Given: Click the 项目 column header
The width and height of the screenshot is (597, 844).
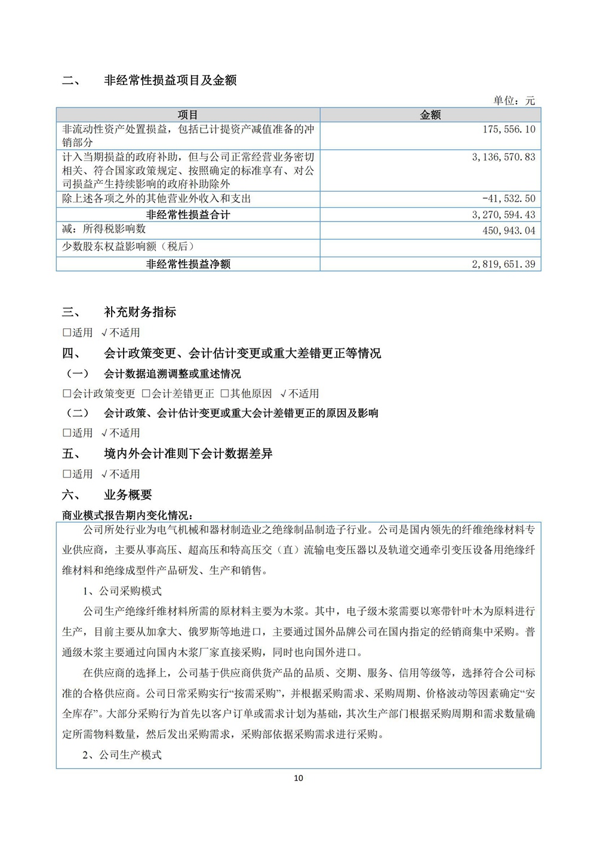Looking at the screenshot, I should tap(188, 115).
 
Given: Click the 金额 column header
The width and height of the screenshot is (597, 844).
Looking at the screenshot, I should tap(430, 115).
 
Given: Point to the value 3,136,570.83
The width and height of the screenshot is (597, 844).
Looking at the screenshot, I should tap(503, 157).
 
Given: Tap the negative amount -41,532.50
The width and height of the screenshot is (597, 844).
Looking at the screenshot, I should tap(509, 199).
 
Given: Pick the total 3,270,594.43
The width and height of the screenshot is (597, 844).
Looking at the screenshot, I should tap(503, 215).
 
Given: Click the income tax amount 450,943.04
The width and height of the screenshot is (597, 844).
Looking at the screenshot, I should tap(509, 230).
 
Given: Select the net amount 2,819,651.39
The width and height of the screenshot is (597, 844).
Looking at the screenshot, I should tap(503, 264).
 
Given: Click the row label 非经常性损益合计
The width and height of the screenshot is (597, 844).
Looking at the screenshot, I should tap(188, 215).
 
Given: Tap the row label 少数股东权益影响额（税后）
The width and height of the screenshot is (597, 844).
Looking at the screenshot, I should tap(128, 247).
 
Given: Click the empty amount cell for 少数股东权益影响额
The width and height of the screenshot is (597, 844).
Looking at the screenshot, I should tap(430, 247).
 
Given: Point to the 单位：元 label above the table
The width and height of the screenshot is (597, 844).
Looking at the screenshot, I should tap(513, 100).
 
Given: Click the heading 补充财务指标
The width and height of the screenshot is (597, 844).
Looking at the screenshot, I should tap(140, 312).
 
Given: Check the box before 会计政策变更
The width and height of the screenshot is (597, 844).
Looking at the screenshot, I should tap(67, 394).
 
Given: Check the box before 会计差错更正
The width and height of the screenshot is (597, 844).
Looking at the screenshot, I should tap(146, 394).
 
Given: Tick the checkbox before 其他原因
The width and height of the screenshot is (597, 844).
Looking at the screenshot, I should tap(225, 394).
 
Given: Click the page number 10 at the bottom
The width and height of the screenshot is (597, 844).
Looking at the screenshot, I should tap(298, 778).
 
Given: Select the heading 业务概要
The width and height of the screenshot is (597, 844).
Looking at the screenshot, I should tap(128, 495).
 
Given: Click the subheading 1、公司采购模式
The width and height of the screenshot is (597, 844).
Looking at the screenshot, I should tap(122, 591).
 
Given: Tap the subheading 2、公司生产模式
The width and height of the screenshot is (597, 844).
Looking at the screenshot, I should tap(122, 755).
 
